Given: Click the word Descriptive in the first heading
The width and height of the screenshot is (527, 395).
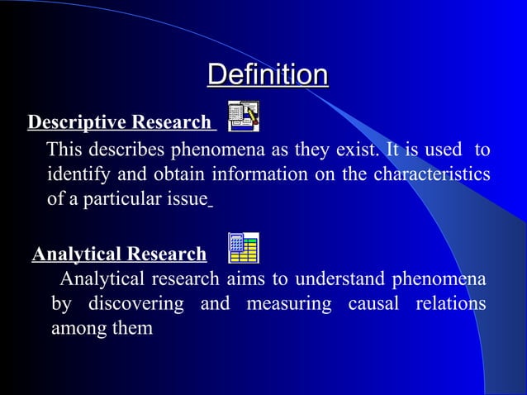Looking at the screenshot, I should point(75,123).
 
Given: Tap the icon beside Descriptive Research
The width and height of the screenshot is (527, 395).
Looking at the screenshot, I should point(243,117).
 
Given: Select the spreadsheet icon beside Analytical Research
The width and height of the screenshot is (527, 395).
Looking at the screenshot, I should point(243,248).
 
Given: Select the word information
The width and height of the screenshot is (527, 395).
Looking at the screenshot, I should point(251,175).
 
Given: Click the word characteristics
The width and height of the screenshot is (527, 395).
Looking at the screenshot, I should point(431,175).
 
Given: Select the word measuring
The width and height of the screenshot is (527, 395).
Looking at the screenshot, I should point(289,303).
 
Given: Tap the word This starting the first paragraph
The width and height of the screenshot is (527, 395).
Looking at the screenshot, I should point(65,150).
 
